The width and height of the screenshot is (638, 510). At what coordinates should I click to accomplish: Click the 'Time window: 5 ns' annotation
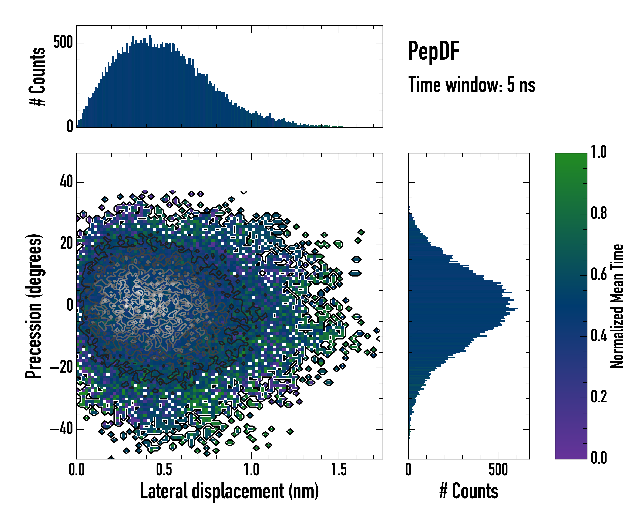click(x=471, y=85)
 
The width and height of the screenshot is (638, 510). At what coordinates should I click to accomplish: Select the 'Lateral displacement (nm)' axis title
click(x=229, y=491)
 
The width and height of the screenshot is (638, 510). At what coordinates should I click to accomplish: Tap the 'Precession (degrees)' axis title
click(x=33, y=306)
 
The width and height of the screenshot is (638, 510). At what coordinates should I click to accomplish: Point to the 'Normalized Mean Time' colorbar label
click(x=617, y=306)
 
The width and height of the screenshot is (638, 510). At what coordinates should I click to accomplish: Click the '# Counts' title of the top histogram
click(x=37, y=76)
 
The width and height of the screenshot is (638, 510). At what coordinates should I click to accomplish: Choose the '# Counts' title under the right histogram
click(x=469, y=491)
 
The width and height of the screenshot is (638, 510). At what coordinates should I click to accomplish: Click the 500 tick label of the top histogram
click(x=63, y=42)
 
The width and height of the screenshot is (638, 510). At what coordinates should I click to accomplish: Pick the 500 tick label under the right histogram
click(x=498, y=470)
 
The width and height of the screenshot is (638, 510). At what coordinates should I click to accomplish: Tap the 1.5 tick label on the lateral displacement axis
click(x=339, y=470)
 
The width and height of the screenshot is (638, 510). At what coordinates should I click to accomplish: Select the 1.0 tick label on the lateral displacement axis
click(x=251, y=470)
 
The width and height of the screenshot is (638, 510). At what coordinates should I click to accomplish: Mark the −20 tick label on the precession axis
click(x=61, y=367)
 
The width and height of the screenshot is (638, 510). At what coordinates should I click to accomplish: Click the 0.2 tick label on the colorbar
click(x=599, y=397)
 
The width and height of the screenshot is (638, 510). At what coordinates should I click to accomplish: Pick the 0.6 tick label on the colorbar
click(x=599, y=274)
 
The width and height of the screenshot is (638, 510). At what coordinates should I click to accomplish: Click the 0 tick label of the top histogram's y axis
click(x=70, y=126)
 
